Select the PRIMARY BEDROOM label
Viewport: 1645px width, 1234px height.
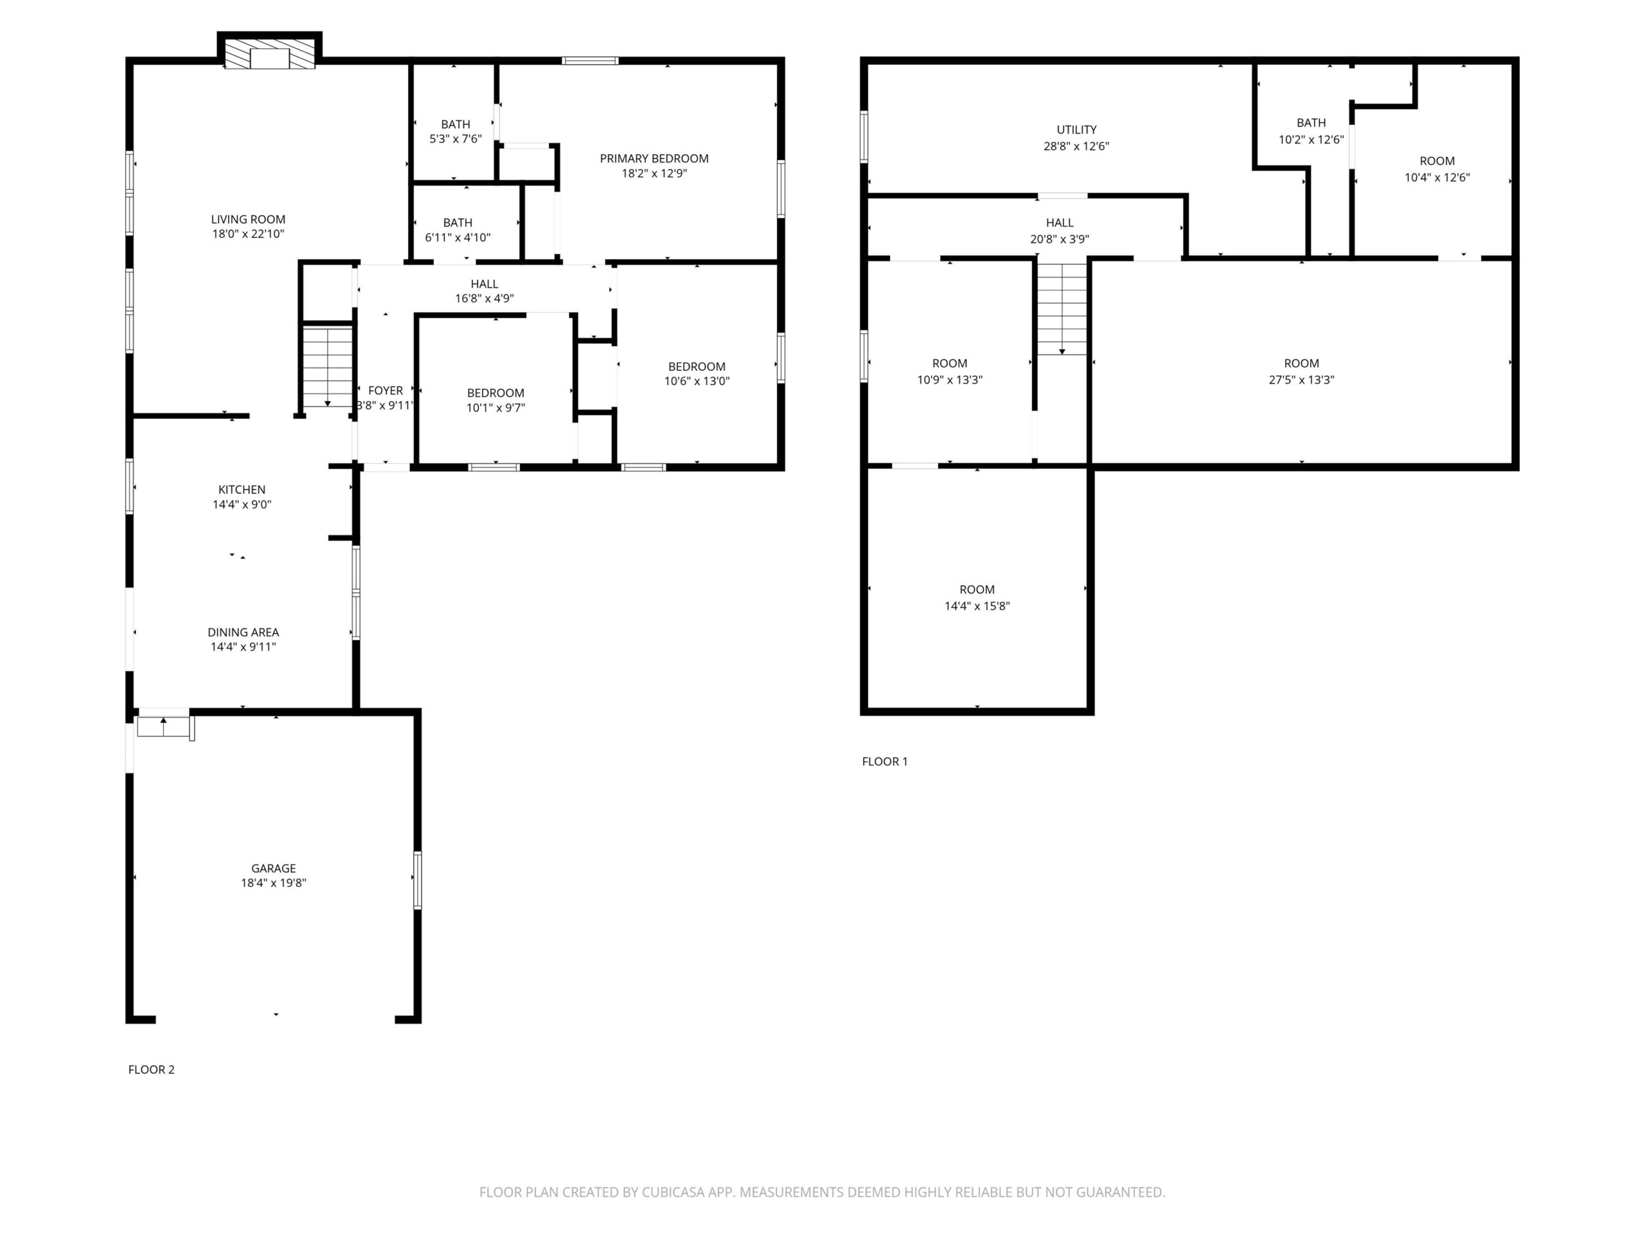pos(654,159)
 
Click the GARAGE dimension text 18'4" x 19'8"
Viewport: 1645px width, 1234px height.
pos(274,883)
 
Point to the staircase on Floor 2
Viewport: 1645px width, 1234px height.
pos(327,366)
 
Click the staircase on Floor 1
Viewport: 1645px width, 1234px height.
pos(1062,308)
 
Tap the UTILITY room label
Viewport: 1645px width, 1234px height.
pos(1076,129)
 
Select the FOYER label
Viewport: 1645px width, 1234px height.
pos(385,391)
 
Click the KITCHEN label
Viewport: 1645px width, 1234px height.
pos(242,490)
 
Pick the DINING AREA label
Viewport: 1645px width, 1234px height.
pos(243,632)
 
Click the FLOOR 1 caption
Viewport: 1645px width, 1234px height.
pos(885,762)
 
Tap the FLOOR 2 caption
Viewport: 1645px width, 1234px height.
pos(151,1069)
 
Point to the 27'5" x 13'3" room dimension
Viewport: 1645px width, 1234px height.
pos(1301,379)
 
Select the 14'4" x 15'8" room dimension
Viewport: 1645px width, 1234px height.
pos(977,605)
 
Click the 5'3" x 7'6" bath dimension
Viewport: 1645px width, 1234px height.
pos(456,139)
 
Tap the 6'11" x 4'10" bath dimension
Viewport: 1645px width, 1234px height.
pos(458,237)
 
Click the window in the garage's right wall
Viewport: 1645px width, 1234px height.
pos(417,880)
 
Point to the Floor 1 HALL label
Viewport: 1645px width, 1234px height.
pos(1060,222)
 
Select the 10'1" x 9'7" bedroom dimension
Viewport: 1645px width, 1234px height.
pos(496,407)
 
